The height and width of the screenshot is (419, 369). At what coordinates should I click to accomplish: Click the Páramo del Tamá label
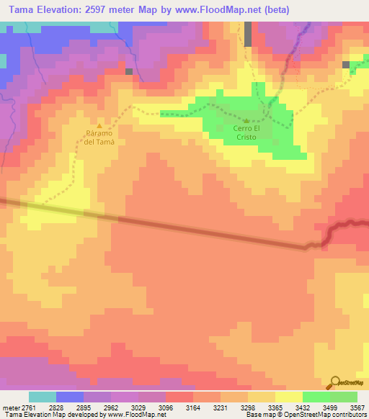99,138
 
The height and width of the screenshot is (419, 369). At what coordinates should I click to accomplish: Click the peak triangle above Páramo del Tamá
99,126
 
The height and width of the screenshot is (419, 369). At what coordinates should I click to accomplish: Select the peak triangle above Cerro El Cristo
246,121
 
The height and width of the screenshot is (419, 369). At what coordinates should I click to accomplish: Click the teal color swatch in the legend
43,397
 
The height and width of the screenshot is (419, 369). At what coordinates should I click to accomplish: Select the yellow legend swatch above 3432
288,397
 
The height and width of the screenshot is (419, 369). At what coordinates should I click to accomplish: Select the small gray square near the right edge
347,65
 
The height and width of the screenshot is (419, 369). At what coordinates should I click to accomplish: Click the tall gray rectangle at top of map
249,33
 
